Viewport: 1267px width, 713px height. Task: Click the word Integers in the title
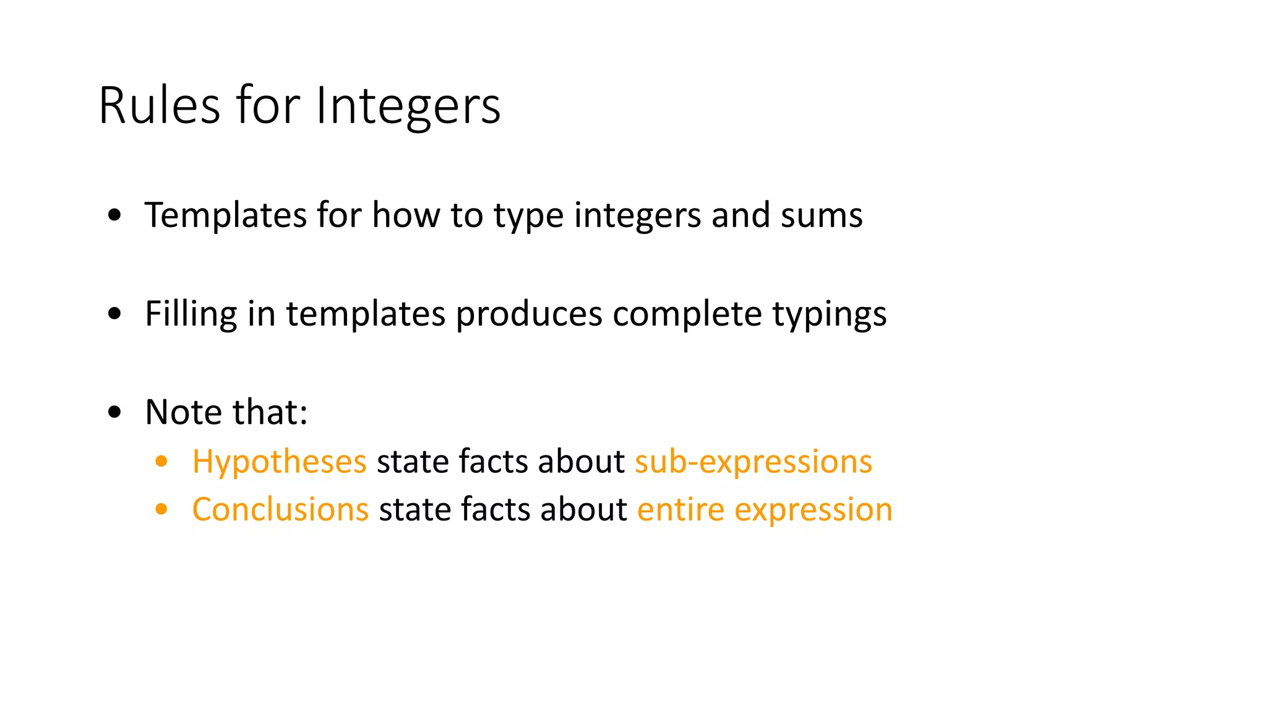coord(408,106)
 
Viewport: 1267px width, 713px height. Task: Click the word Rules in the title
coord(159,106)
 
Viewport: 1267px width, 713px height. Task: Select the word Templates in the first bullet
coord(225,215)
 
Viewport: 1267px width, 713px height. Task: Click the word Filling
coord(191,314)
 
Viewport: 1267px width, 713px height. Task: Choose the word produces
coord(529,314)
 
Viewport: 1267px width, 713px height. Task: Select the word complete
coord(687,314)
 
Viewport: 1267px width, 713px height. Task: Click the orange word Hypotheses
coord(280,462)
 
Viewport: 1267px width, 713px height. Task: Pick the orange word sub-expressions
coord(754,462)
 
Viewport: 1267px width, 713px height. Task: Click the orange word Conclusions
coord(280,510)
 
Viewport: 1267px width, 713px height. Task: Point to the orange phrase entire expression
coord(765,511)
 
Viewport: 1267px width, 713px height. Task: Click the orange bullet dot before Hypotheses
coord(161,462)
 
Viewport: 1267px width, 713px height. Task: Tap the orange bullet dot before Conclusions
coord(161,509)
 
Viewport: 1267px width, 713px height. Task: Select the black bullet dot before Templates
coord(114,216)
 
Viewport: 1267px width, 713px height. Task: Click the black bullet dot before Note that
coord(114,412)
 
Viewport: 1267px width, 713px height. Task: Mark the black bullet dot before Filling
coord(114,314)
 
